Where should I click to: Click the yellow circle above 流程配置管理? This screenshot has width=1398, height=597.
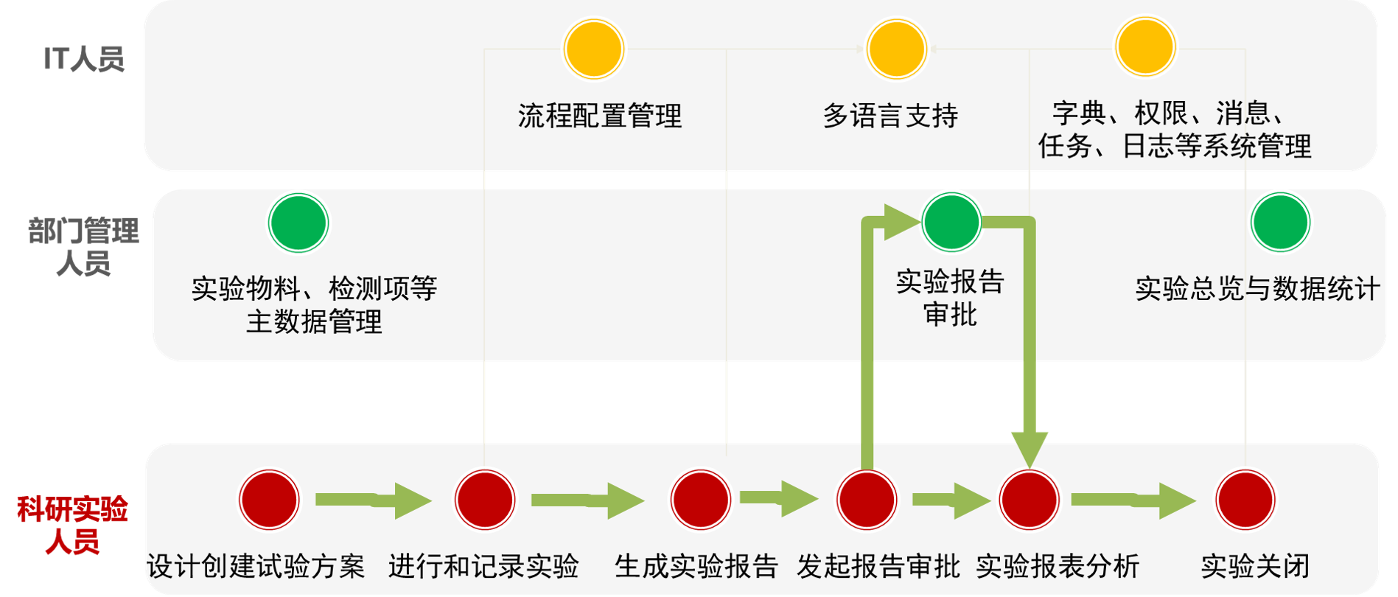[594, 49]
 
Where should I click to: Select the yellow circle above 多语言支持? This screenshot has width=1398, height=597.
[896, 49]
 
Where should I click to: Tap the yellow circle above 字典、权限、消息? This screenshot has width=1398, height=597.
[1144, 46]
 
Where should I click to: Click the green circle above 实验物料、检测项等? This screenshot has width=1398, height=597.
[298, 223]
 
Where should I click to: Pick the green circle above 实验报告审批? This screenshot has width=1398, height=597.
[951, 221]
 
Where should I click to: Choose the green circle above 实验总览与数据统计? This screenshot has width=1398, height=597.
[1280, 222]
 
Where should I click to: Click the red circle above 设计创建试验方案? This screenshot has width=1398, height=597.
[270, 500]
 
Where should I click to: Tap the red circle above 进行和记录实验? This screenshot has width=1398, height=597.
[485, 500]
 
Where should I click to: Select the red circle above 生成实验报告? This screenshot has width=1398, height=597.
[700, 500]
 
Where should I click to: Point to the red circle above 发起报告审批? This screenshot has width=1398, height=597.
[867, 500]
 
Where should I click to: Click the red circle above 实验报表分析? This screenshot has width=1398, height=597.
[1029, 500]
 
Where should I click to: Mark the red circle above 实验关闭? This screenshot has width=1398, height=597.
[1245, 500]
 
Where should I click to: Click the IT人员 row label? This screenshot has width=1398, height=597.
[83, 59]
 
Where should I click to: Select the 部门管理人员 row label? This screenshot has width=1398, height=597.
[83, 246]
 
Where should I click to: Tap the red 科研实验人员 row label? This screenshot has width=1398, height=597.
[72, 525]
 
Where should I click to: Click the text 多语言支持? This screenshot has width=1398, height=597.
[890, 116]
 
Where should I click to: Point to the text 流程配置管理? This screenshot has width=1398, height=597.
[600, 116]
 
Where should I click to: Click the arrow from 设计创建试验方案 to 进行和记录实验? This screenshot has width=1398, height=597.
[372, 500]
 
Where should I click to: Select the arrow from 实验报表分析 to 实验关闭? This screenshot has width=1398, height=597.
[1132, 500]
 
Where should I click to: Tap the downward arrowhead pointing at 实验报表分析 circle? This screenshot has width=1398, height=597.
[1029, 447]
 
